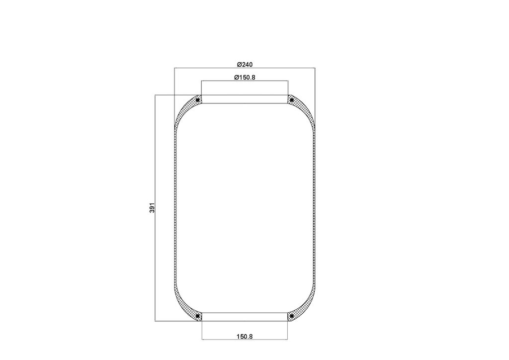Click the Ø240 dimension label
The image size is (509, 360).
click(x=245, y=65)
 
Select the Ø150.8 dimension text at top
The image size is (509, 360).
click(x=245, y=77)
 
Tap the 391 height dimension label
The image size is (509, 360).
click(x=152, y=208)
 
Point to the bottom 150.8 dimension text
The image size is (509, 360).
click(x=245, y=337)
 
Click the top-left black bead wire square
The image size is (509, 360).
click(x=197, y=99)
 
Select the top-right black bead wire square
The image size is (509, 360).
click(x=291, y=99)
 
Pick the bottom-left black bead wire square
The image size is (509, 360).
click(x=197, y=316)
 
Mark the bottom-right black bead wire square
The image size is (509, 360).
click(x=291, y=316)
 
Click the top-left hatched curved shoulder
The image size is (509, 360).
click(x=184, y=110)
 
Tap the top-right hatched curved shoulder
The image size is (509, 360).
click(x=305, y=110)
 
